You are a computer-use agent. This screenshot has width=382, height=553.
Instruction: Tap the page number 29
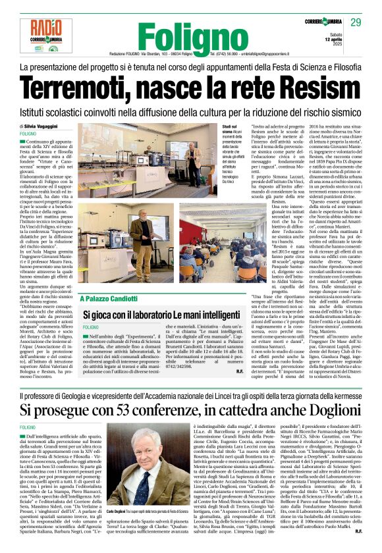(356, 23)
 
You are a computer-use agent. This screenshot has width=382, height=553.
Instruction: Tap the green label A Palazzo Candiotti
(111, 299)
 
